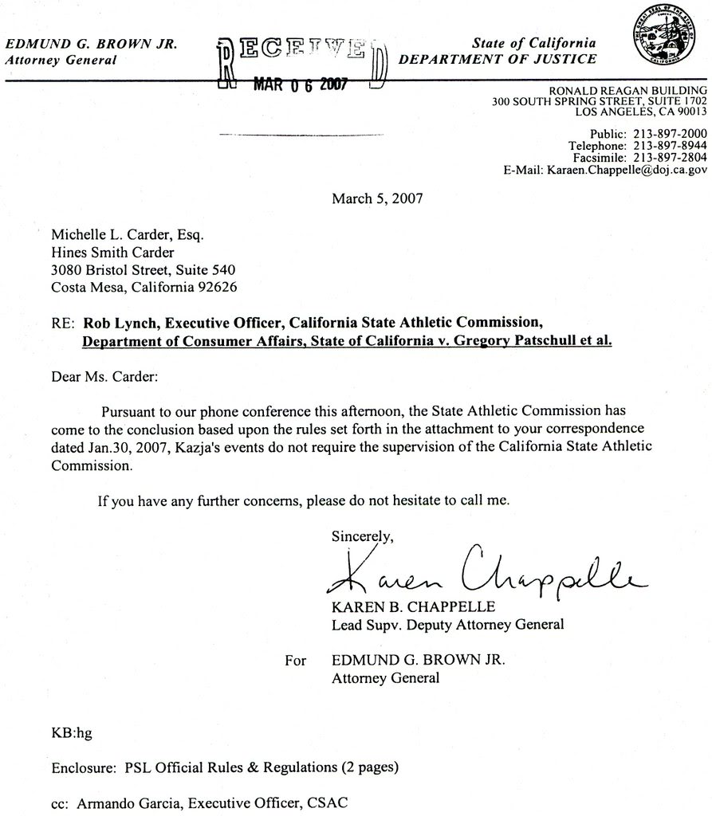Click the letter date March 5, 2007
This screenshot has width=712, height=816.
[376, 198]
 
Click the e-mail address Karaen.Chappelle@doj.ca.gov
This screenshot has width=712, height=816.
[627, 170]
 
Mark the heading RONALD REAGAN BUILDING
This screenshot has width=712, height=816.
[628, 90]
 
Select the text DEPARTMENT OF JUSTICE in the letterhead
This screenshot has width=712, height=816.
[497, 59]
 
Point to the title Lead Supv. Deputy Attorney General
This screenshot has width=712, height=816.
[447, 624]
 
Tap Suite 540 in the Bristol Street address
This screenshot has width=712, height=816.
[208, 269]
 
